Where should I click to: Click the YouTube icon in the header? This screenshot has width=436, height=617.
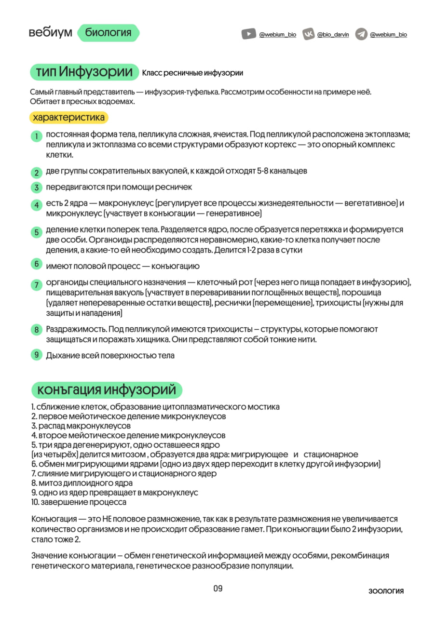(x=248, y=34)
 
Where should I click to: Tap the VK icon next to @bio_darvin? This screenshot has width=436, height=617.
(x=309, y=34)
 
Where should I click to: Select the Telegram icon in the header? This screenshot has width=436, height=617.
(x=361, y=34)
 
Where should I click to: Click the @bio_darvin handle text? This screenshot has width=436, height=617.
(x=333, y=35)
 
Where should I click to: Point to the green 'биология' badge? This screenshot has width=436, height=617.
(x=108, y=33)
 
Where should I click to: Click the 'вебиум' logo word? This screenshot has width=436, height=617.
(x=50, y=33)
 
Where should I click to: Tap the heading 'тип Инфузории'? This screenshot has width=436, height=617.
(x=84, y=72)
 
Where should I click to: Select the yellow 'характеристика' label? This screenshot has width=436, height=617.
(x=68, y=117)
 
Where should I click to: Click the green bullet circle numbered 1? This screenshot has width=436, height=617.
(x=36, y=136)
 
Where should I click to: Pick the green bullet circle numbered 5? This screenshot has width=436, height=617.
(x=36, y=232)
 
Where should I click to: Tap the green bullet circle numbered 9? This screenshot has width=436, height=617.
(x=36, y=355)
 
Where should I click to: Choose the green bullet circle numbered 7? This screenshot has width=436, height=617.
(x=36, y=285)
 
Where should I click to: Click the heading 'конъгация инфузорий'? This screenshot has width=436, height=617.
(x=107, y=389)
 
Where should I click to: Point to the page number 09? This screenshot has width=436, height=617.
(x=218, y=589)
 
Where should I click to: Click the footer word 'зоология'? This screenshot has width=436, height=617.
(x=386, y=591)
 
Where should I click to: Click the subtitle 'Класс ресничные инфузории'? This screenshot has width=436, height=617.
(x=192, y=73)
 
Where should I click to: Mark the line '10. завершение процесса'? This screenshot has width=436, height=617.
(x=79, y=502)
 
